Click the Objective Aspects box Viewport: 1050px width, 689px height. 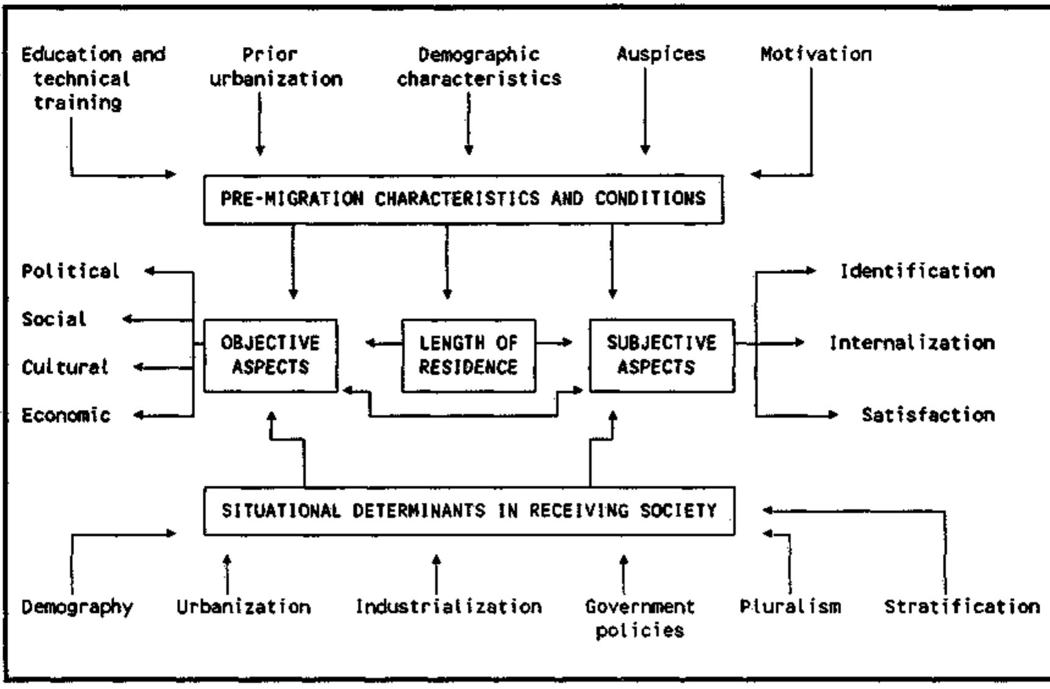[270, 355]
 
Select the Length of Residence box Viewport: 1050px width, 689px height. [468, 355]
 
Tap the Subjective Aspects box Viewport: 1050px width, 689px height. [662, 355]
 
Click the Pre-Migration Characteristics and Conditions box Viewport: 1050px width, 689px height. [463, 199]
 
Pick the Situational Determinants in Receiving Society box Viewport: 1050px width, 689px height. [469, 511]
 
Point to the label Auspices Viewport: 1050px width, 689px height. [661, 54]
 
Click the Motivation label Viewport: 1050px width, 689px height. [816, 54]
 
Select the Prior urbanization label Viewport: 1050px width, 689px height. [275, 67]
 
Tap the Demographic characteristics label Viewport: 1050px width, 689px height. [479, 67]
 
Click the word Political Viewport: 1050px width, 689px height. [70, 271]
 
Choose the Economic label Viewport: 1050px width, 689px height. [66, 415]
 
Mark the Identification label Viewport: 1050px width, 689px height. [917, 271]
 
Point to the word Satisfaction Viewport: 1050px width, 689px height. [928, 415]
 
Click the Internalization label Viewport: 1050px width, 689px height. [911, 343]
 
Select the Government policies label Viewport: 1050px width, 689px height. [640, 618]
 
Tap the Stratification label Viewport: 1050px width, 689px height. [961, 607]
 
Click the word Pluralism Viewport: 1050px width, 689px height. [790, 607]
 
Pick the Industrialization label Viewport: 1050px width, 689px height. [449, 607]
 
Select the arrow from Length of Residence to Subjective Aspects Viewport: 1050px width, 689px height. [554, 343]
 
